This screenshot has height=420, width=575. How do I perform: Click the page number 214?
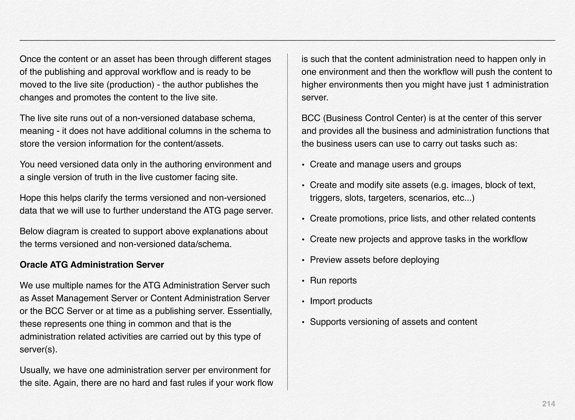coord(548,404)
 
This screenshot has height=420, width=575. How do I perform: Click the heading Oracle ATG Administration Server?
coord(92,265)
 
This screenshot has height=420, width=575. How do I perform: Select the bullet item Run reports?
coord(333,280)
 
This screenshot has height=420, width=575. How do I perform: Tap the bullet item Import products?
coord(341,301)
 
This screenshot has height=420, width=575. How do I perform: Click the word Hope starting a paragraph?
coord(29,198)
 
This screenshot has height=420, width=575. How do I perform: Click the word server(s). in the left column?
coord(38,350)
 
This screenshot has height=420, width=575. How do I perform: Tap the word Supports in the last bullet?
coord(328,322)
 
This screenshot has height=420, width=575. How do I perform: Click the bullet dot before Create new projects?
coord(303,240)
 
